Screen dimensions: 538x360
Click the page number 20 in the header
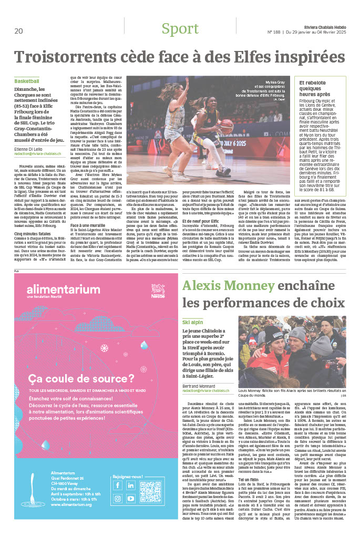(x=19, y=31)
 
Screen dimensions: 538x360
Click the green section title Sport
(x=180, y=29)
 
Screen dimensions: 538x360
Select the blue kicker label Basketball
(x=27, y=82)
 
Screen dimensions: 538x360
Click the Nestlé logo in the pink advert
(x=157, y=287)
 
